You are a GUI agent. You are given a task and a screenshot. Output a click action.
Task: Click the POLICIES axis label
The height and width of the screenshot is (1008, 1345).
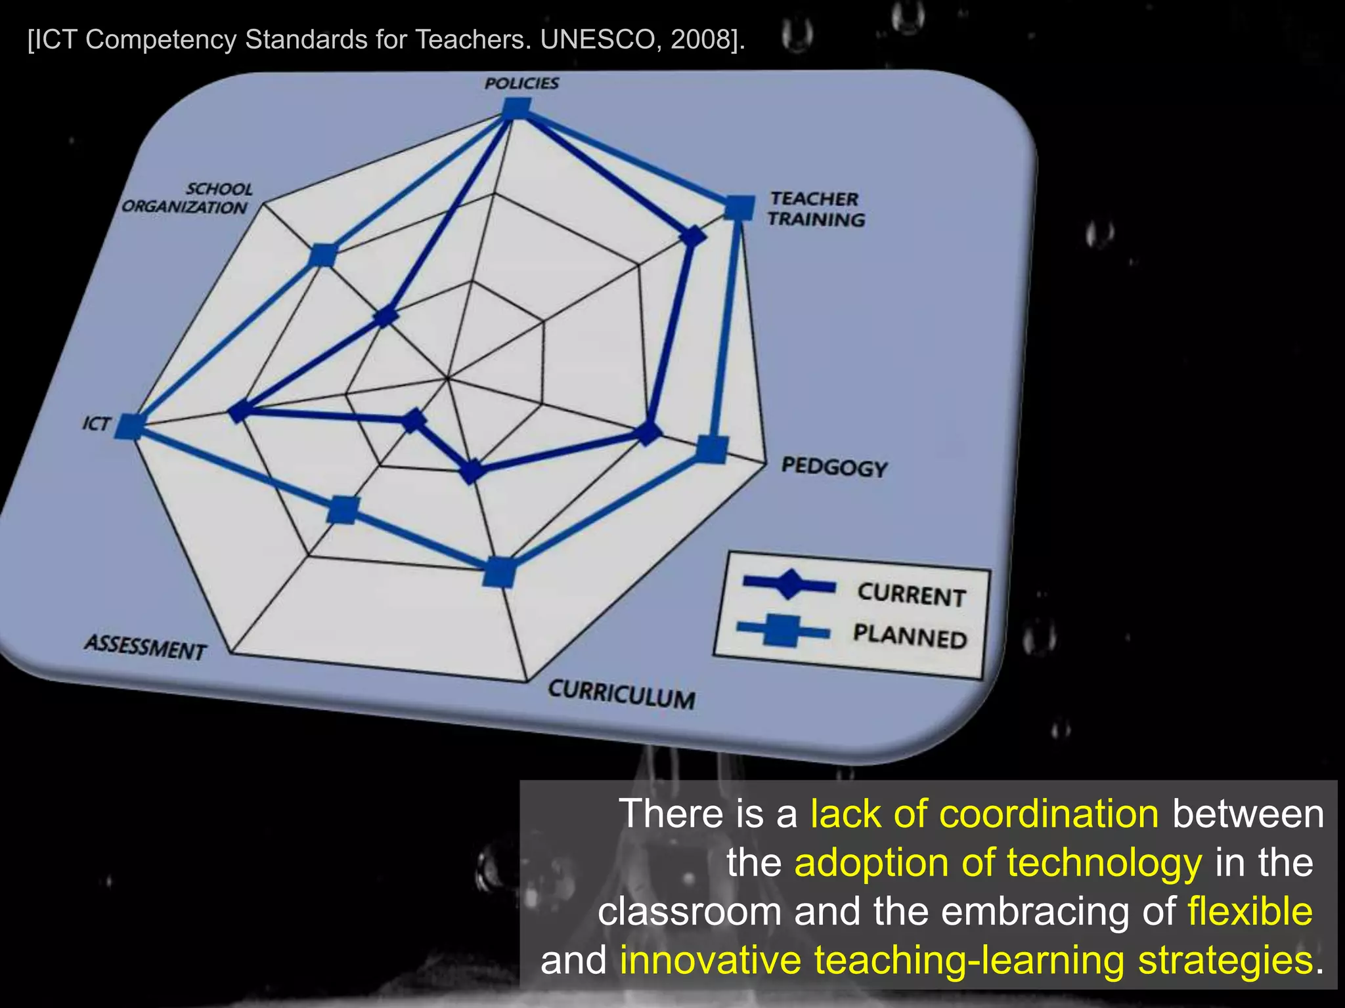(521, 83)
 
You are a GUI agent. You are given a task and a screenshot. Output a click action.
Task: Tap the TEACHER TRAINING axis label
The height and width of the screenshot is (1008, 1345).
(816, 209)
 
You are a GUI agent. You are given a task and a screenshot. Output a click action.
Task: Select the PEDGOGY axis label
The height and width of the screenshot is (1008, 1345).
(834, 467)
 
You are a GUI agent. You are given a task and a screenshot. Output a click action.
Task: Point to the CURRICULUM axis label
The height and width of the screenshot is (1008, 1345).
(621, 694)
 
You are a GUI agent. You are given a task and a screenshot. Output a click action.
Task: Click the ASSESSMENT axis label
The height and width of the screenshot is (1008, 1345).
(145, 647)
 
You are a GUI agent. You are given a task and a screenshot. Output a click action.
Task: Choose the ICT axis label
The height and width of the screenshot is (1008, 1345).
(96, 423)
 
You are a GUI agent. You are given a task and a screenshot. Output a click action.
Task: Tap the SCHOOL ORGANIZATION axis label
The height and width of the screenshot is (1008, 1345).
(186, 198)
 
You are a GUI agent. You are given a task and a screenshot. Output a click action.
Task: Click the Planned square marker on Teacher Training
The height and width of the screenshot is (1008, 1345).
(739, 207)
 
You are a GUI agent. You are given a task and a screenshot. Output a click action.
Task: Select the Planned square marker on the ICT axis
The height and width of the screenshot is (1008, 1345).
(129, 427)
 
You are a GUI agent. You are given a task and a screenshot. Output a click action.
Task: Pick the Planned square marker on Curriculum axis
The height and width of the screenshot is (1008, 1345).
(499, 572)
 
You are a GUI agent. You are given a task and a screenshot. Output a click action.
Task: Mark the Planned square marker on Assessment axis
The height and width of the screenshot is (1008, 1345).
(343, 509)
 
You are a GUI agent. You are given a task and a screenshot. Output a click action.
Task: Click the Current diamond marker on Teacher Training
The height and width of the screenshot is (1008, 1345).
(693, 237)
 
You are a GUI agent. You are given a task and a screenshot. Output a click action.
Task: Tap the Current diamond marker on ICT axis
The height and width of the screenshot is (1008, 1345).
(240, 411)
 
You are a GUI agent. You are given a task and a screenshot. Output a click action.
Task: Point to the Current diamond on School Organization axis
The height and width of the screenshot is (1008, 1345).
(386, 317)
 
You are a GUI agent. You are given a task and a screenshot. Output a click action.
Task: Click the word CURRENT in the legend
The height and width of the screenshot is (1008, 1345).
(911, 595)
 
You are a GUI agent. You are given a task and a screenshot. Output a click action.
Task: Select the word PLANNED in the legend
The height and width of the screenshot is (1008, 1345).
(910, 637)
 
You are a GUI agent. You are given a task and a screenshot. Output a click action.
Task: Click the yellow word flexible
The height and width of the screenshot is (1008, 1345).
(1250, 912)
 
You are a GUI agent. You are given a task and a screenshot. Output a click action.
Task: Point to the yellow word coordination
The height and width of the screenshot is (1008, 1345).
(1049, 814)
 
